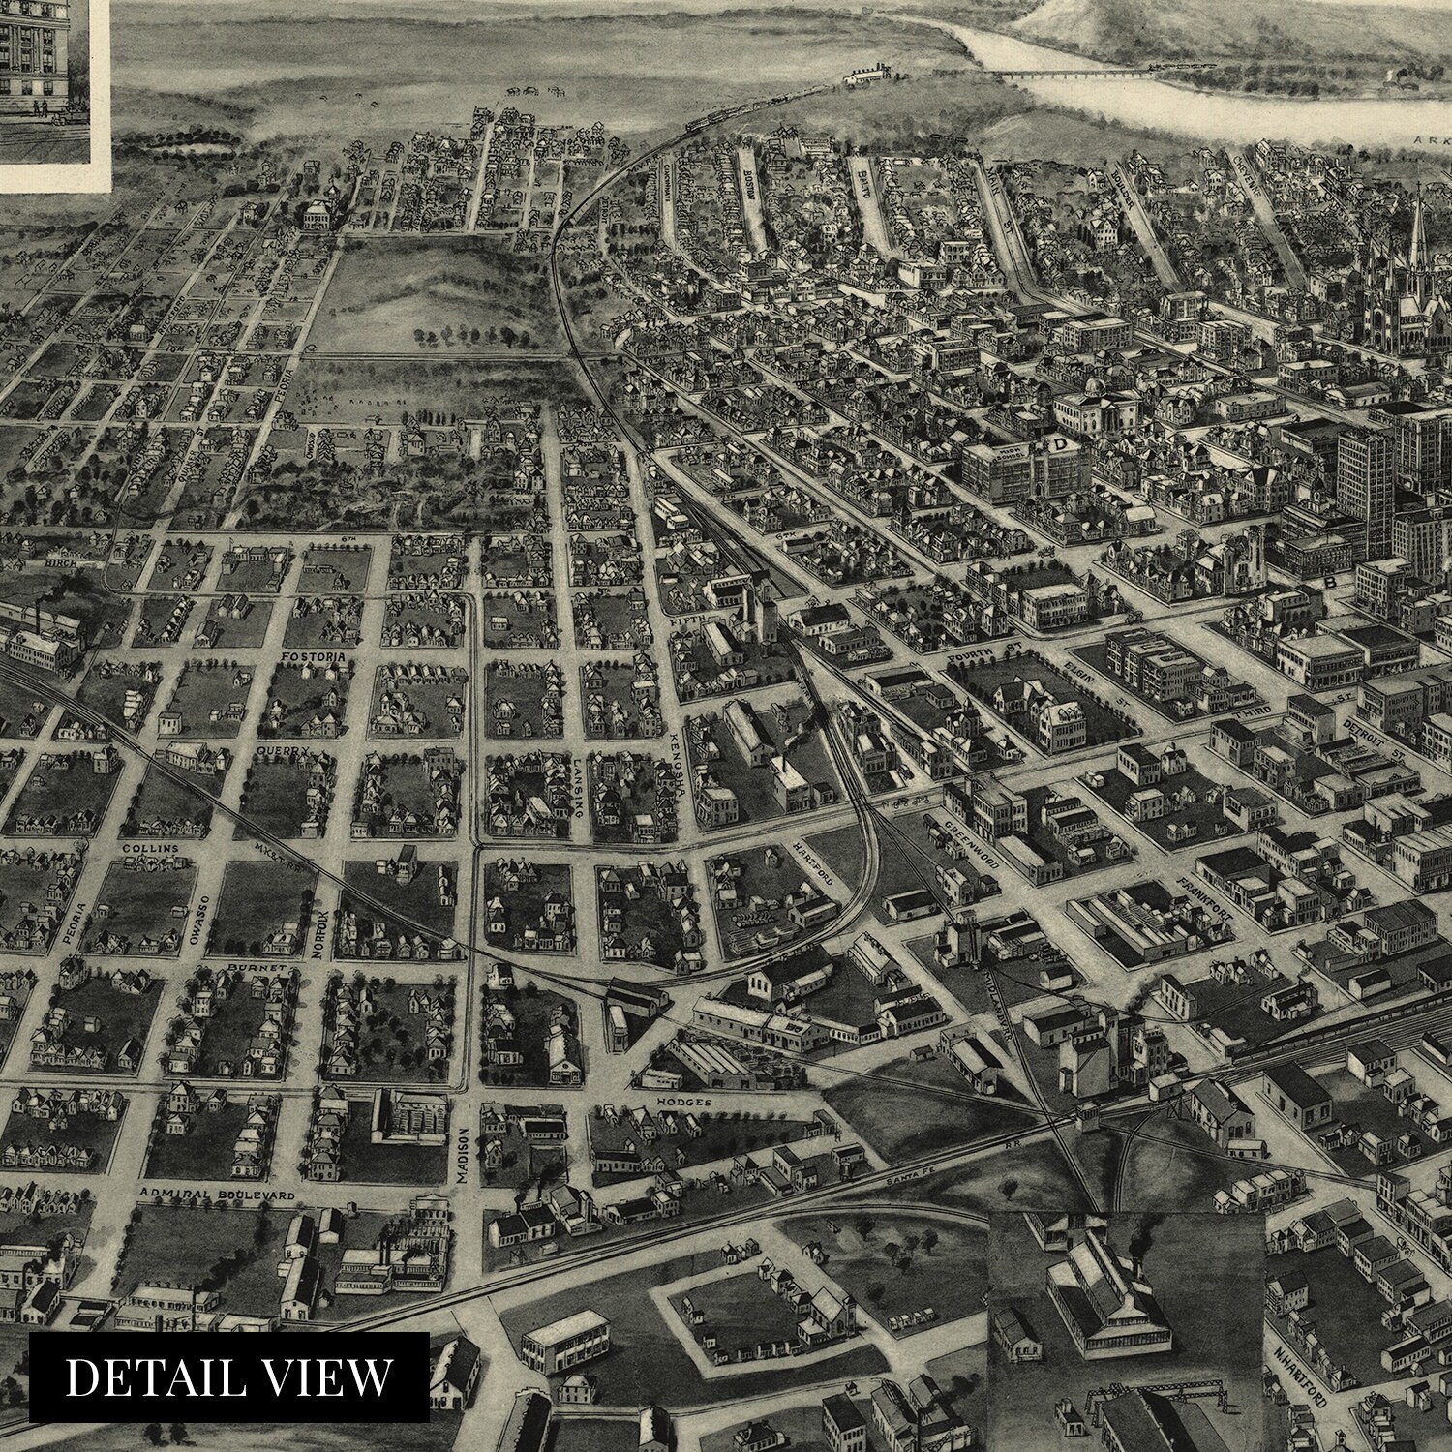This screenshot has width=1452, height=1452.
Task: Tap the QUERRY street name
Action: pos(282,749)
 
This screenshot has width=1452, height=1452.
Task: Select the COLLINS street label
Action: pos(151,849)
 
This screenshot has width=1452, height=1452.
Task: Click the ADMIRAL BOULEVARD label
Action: pos(217,1195)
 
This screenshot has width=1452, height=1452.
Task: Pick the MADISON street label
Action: pos(463,1156)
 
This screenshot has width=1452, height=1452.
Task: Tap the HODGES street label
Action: pos(683,1103)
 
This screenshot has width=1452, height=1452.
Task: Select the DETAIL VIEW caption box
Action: pos(228,1376)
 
